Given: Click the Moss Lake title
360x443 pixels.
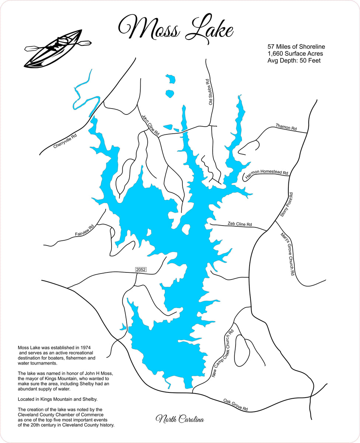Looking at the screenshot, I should [x=175, y=28].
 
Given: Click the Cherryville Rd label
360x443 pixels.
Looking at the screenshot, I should [x=65, y=141].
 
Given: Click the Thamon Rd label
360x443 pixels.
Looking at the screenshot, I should [x=286, y=127].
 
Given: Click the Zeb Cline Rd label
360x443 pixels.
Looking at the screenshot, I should [x=240, y=224].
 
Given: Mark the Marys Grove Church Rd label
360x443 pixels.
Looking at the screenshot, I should [x=287, y=254].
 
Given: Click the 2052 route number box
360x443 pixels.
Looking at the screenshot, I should [x=141, y=270].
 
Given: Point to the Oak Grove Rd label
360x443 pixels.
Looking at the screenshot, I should [x=235, y=405].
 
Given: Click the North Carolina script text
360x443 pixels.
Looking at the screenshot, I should [x=179, y=419].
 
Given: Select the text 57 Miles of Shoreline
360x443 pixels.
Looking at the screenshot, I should [x=296, y=47].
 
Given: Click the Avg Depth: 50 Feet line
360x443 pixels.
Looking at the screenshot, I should [x=294, y=61].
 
